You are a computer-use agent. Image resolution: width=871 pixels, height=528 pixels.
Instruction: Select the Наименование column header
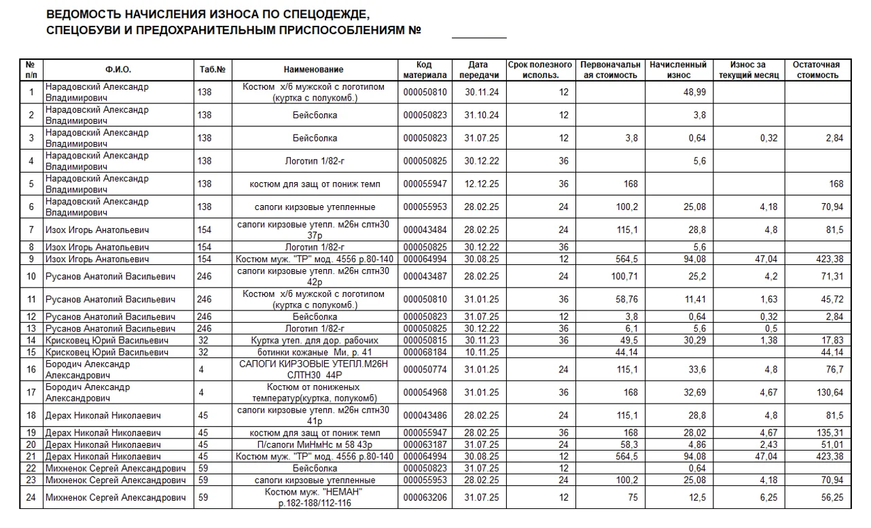pyautogui.click(x=313, y=70)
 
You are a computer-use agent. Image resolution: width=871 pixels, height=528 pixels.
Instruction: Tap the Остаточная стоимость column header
pyautogui.click(x=816, y=70)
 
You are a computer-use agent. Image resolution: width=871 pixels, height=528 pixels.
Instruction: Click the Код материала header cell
pyautogui.click(x=425, y=70)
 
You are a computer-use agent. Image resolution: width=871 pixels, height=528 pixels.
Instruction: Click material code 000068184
pyautogui.click(x=425, y=352)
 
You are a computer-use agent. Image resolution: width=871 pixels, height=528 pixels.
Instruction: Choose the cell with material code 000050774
pyautogui.click(x=425, y=370)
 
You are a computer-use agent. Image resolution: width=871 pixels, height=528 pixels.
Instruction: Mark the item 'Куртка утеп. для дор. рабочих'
pyautogui.click(x=313, y=340)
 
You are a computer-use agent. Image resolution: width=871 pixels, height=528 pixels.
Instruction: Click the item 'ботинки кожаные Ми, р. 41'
pyautogui.click(x=313, y=352)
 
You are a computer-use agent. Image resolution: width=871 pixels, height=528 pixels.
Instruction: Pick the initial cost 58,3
pyautogui.click(x=628, y=444)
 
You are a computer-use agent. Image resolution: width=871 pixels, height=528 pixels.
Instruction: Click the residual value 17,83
pyautogui.click(x=832, y=340)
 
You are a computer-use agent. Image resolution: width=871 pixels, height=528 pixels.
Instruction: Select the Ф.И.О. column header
pyautogui.click(x=118, y=70)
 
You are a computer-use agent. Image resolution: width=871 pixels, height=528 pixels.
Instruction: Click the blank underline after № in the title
pyautogui.click(x=479, y=33)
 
